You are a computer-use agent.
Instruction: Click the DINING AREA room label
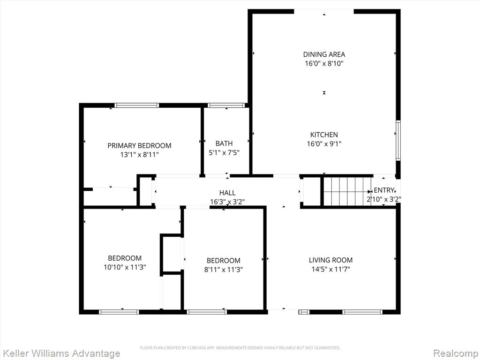[x=324, y=54]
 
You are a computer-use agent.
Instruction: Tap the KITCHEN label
[x=324, y=135]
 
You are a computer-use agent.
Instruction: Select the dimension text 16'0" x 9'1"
[x=324, y=143]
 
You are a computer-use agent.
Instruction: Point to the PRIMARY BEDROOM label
[x=139, y=146]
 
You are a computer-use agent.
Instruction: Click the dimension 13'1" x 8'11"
[x=139, y=155]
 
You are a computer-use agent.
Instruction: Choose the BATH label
[x=224, y=143]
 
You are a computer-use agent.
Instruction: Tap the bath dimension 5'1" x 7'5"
[x=224, y=152]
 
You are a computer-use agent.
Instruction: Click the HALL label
[x=227, y=193]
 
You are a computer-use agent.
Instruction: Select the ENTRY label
[x=383, y=190]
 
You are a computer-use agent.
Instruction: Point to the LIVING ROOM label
[x=330, y=260]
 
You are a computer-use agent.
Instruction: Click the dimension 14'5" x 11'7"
[x=330, y=270]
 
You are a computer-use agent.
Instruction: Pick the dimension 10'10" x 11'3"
[x=125, y=267]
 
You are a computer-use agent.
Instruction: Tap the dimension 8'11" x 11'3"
[x=224, y=270]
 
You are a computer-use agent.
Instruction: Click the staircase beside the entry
[x=347, y=192]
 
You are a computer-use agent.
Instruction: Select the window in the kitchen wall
[x=398, y=141]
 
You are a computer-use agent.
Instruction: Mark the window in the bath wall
[x=226, y=105]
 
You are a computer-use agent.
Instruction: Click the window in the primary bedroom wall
[x=137, y=105]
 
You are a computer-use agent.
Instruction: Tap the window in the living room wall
[x=362, y=312]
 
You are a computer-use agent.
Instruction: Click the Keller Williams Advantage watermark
[x=60, y=353]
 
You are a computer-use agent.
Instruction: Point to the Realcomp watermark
[x=456, y=353]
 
